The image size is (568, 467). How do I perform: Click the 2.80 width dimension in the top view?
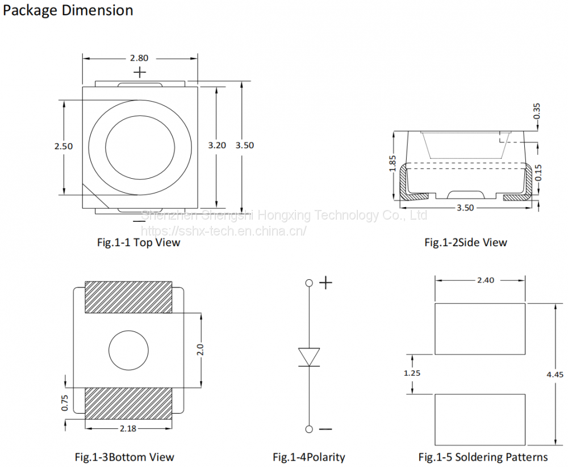[139, 58]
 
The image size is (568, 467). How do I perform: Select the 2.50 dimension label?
[64, 146]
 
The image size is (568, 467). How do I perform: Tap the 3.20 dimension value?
[217, 145]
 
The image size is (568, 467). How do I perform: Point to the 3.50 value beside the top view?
[245, 145]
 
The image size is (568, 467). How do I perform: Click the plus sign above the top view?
[140, 73]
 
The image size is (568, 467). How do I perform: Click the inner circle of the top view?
[140, 148]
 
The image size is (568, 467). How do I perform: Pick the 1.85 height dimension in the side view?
[392, 164]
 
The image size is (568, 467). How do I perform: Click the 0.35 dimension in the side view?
[537, 111]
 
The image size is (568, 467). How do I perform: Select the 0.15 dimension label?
[538, 173]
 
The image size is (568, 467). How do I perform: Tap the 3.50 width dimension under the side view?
[465, 208]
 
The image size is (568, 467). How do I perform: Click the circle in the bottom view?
[128, 350]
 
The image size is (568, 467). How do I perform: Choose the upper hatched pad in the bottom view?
[128, 297]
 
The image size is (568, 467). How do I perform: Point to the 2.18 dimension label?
[128, 428]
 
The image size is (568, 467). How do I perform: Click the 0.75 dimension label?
[65, 402]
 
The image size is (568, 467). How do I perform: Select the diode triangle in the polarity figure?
[309, 357]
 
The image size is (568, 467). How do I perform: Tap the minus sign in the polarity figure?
[325, 430]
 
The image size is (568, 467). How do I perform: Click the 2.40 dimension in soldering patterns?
[486, 280]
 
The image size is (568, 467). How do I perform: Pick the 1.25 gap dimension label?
[412, 373]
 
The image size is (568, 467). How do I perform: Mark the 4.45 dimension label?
[555, 375]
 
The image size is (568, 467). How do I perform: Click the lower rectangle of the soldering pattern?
[480, 419]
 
